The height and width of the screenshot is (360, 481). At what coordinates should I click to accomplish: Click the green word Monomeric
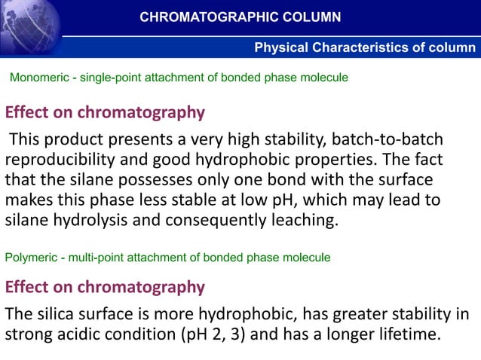pos(36,78)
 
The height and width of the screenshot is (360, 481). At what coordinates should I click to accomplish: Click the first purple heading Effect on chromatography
pos(105,113)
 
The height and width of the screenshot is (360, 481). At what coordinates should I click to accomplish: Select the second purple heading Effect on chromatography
pos(105,287)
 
